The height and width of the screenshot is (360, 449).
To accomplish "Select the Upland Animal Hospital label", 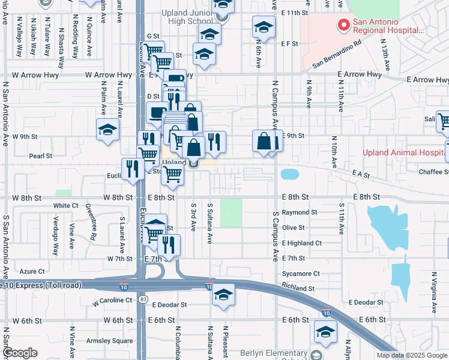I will click(406, 152).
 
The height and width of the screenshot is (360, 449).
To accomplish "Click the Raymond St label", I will click(300, 212).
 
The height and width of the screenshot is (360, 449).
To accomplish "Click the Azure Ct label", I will click(32, 271).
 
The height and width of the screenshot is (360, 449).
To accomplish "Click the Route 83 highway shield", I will click(142, 299).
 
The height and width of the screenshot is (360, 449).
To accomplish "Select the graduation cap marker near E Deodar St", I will click(223, 295).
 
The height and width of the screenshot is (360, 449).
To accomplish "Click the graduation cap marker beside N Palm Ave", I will click(108, 129).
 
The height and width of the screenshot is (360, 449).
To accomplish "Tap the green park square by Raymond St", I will click(231, 212).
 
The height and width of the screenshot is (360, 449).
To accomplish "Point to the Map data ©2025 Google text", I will click(412, 355).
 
